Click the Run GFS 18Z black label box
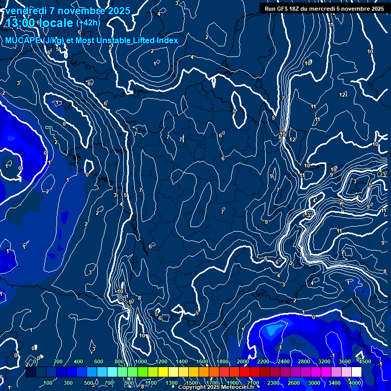(323, 8)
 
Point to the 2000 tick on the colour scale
(243, 361)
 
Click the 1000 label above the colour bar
(141, 361)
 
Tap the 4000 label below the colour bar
(355, 382)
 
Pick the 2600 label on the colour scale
(294, 382)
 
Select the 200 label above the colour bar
(58, 361)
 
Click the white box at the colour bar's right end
(356, 372)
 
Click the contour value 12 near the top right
(342, 95)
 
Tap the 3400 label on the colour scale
(334, 382)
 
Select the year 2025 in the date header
(116, 10)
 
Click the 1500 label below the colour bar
(192, 382)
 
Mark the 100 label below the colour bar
(48, 382)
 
